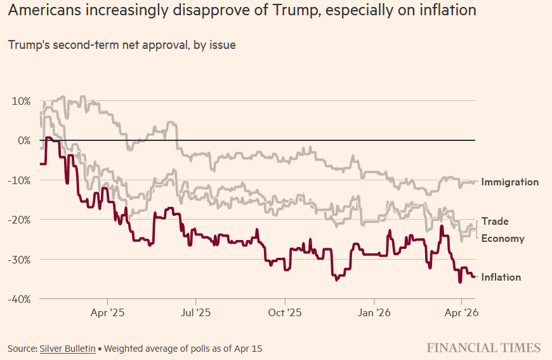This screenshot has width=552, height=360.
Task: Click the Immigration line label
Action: [509, 182]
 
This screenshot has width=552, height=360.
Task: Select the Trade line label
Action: [495, 222]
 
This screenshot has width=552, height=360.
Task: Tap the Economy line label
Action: [503, 239]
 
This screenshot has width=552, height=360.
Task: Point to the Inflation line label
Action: [501, 277]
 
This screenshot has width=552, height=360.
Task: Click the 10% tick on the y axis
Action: [20, 101]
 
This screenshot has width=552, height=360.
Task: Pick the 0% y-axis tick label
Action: [23, 140]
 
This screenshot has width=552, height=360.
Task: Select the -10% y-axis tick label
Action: [19, 180]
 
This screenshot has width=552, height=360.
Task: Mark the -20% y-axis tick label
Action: [19, 220]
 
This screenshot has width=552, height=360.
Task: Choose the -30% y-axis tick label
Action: [19, 260]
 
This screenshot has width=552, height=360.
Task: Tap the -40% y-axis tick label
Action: [19, 299]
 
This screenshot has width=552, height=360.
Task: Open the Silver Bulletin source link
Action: [67, 349]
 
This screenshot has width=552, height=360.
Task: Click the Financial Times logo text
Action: [483, 348]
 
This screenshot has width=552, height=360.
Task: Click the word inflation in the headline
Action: [447, 11]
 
